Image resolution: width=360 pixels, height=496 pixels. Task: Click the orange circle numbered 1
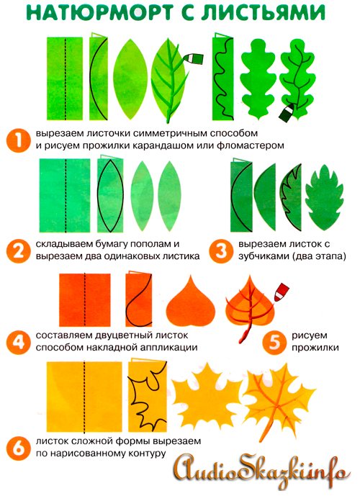18,140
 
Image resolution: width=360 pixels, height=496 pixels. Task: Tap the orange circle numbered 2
18,251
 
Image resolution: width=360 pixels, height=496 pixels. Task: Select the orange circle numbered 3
221,251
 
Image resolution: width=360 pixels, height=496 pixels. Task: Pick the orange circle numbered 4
18,342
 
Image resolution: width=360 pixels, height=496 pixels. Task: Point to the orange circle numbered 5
274,342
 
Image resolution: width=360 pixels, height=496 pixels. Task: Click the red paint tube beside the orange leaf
281,292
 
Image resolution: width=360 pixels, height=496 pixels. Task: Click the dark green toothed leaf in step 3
324,198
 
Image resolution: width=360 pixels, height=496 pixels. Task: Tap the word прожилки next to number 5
315,348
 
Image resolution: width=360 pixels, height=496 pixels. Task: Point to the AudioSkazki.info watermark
262,473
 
